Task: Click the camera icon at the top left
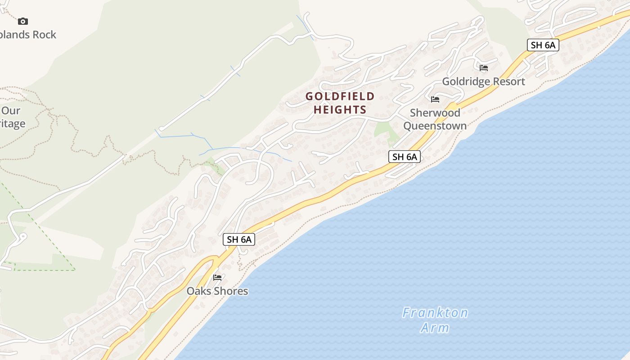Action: (x=23, y=21)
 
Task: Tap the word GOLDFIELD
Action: (x=340, y=96)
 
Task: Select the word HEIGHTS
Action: (x=340, y=109)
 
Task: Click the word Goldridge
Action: (x=465, y=81)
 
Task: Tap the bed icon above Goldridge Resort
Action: (x=484, y=68)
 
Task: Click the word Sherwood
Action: (x=435, y=112)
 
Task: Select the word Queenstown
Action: (x=435, y=126)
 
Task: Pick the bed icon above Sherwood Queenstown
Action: (x=435, y=99)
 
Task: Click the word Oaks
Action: (x=198, y=291)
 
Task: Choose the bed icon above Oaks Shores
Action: (x=217, y=278)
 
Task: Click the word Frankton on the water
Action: (x=435, y=313)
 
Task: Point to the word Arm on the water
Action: (x=435, y=328)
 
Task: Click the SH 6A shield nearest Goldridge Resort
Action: (x=543, y=45)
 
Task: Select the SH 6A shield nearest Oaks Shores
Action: (x=239, y=239)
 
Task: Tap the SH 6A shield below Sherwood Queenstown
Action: (x=405, y=157)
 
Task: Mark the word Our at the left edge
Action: (x=11, y=111)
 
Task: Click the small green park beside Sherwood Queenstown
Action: (x=386, y=130)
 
